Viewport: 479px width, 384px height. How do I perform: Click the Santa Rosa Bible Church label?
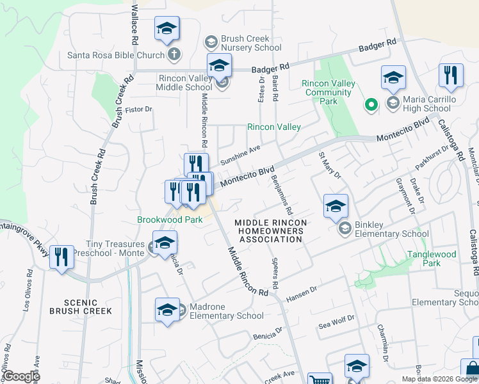[116, 55]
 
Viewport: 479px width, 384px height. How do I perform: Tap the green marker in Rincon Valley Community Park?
[370, 104]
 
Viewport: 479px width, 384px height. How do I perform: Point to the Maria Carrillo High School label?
[430, 104]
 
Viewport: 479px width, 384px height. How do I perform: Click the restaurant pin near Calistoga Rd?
[451, 76]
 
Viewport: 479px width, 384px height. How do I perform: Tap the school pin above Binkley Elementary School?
[336, 206]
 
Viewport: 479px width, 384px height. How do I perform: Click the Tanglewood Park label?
[433, 259]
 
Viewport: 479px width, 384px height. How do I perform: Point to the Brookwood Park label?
[170, 220]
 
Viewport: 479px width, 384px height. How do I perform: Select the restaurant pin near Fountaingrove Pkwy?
[61, 258]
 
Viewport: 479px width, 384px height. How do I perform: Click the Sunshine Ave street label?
[240, 154]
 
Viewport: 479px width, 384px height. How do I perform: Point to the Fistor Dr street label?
[138, 109]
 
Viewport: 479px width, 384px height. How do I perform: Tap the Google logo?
[20, 376]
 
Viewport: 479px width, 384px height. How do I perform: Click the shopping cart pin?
[319, 380]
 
